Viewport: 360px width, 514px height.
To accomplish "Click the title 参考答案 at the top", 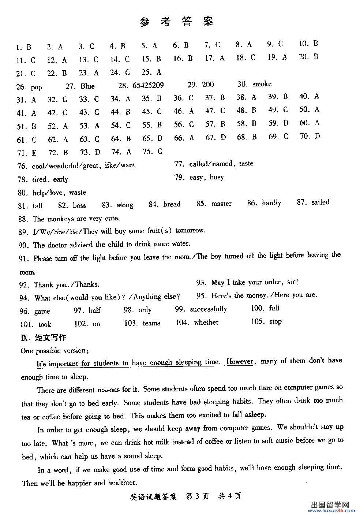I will point(176,22).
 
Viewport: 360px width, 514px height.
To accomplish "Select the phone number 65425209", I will point(148,85).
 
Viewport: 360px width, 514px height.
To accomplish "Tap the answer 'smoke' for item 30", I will point(262,84).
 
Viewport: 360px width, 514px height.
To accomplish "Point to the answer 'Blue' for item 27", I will point(87,86).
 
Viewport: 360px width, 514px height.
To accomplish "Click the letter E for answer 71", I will point(34,153).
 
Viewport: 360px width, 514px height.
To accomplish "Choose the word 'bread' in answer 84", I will point(172,204).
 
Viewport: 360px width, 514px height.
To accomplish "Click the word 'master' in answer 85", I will point(221,204).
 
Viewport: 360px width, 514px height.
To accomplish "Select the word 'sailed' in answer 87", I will point(320,202).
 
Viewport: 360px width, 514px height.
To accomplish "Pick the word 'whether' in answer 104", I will point(206,322).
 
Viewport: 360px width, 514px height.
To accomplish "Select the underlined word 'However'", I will point(240,362).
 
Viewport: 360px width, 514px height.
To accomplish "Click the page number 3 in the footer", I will point(197,496).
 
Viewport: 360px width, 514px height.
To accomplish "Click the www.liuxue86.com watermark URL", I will point(333,510).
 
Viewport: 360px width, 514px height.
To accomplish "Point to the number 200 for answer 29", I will point(208,85).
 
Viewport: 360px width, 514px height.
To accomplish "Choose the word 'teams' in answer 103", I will point(151,323).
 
